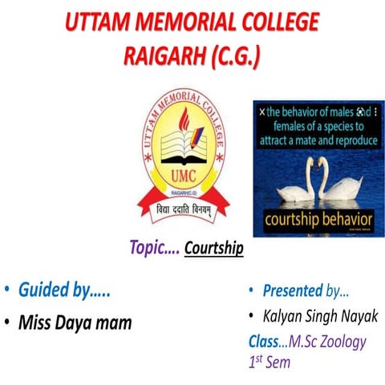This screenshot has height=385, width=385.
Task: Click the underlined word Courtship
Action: coord(213,249)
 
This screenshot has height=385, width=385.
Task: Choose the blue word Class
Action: coord(264,342)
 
